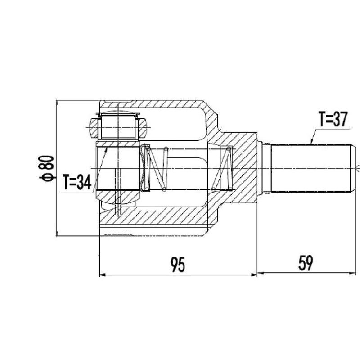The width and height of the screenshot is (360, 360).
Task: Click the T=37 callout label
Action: (333, 119)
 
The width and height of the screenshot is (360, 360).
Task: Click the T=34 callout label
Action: (77, 182)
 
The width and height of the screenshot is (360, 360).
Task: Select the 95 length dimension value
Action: (178, 265)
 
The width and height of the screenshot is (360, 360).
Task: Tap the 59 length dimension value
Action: (306, 263)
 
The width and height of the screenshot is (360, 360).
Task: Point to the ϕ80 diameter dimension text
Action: (47, 168)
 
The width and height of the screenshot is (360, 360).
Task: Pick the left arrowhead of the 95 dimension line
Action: (103, 274)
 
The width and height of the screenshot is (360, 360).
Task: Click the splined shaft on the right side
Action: (311, 168)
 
